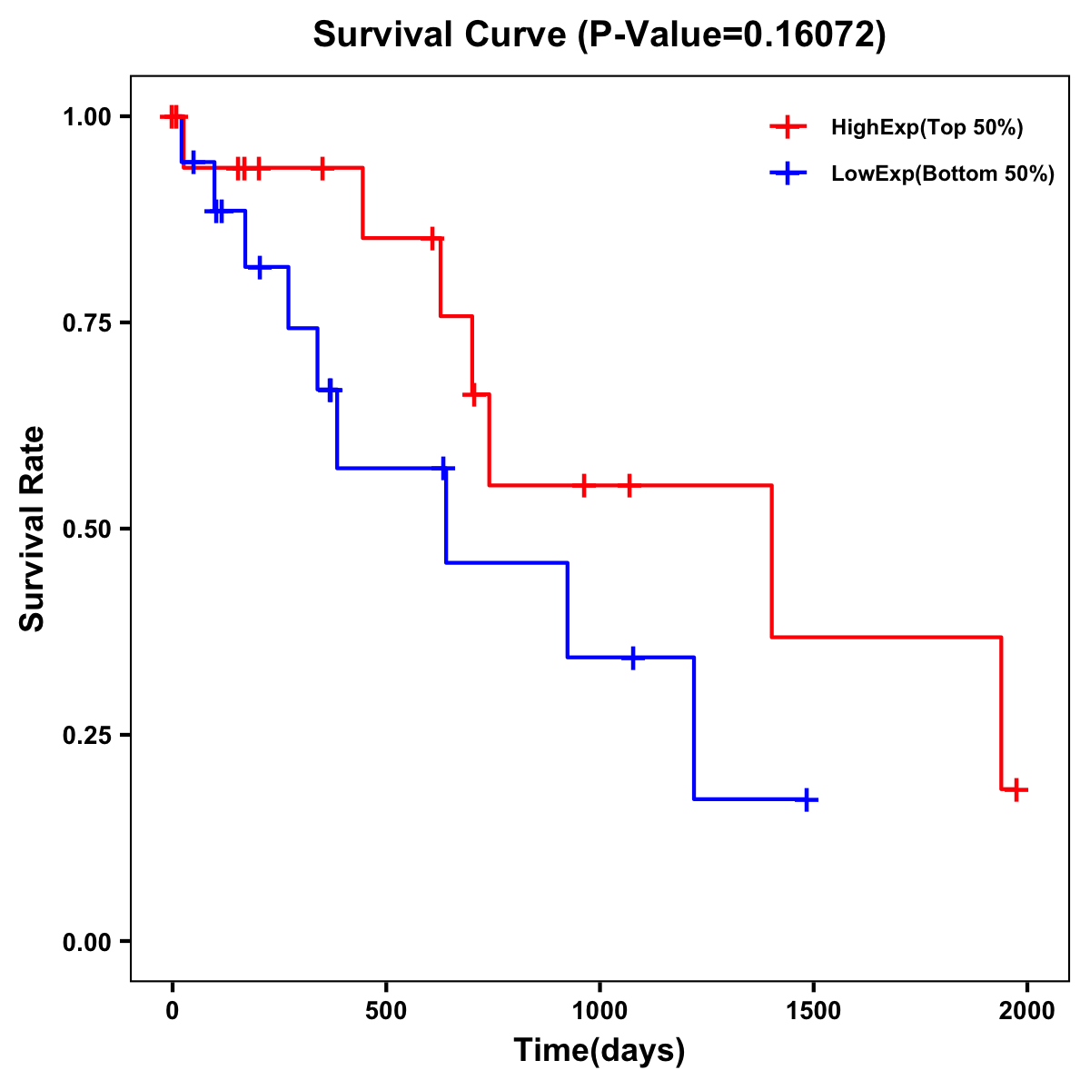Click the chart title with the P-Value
point(599,35)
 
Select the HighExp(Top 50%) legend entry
point(926,128)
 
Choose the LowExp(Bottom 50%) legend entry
point(942,173)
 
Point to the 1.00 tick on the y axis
point(86,116)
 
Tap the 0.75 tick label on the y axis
point(86,322)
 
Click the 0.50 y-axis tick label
point(86,529)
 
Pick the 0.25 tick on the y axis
point(86,735)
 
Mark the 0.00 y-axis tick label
point(86,941)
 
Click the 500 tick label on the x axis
point(386,1011)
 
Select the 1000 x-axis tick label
point(599,1011)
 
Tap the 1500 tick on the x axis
point(813,1011)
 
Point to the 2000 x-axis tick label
point(1027,1011)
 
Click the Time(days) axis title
point(599,1051)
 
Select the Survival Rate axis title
point(33,529)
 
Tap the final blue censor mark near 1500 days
point(806,799)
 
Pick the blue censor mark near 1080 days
point(632,658)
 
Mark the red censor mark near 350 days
point(322,168)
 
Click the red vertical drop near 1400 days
point(772,561)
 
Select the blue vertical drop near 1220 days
point(694,727)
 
